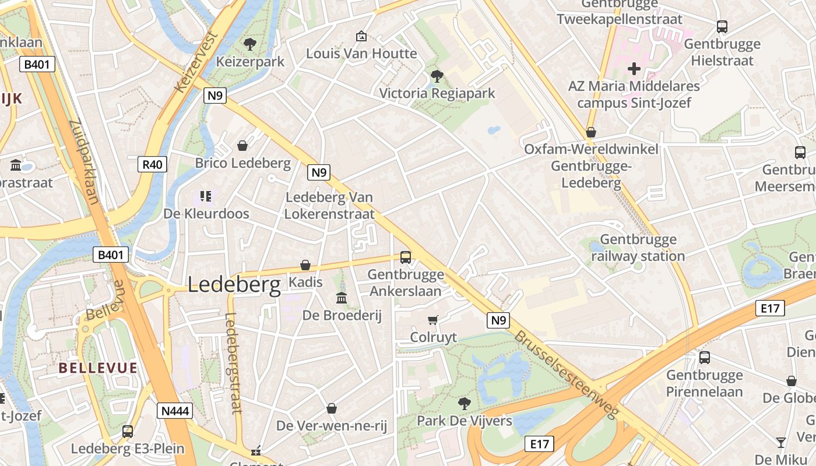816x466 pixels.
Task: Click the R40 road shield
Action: click(153, 164)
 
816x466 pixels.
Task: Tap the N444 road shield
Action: click(175, 411)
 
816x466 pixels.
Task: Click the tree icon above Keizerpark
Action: click(250, 44)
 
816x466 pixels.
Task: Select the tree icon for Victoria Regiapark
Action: click(436, 76)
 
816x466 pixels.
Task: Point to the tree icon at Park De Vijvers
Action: click(464, 404)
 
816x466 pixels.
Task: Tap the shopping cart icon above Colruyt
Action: click(432, 320)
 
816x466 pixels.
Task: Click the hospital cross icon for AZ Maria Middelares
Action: click(634, 69)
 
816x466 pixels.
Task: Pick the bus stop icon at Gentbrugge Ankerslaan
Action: click(405, 257)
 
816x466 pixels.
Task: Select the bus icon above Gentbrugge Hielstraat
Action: click(722, 27)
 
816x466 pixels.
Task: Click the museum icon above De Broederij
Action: click(342, 298)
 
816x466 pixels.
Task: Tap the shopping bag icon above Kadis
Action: click(305, 266)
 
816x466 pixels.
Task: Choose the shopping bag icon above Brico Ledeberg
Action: click(242, 146)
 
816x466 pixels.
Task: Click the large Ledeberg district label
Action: click(234, 284)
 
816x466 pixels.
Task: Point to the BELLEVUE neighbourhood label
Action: click(98, 368)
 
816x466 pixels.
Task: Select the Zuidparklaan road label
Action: click(85, 162)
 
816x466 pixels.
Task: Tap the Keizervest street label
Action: click(196, 63)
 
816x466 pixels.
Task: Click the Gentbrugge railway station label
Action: click(638, 248)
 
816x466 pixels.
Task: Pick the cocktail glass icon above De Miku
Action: click(780, 442)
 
